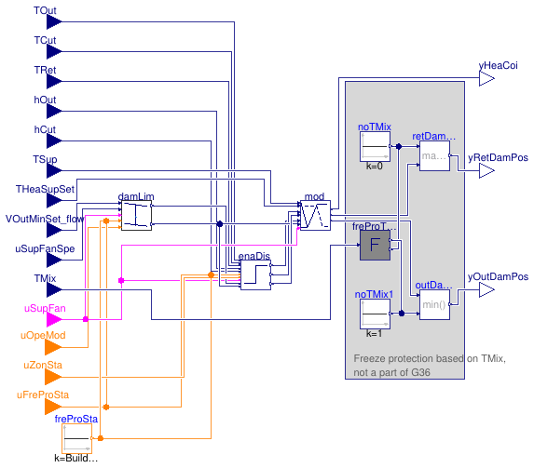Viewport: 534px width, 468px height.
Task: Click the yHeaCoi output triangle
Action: (486, 80)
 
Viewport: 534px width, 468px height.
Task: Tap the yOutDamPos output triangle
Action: (486, 290)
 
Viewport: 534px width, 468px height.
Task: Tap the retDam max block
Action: (433, 155)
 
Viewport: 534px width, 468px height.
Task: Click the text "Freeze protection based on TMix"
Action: (430, 359)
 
